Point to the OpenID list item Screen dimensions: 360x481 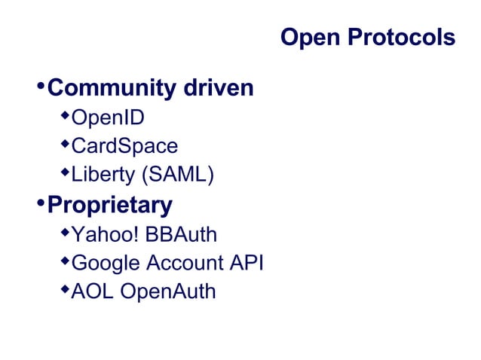pyautogui.click(x=108, y=119)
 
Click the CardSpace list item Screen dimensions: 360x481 pyautogui.click(x=124, y=147)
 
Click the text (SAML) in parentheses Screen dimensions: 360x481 pyautogui.click(x=176, y=175)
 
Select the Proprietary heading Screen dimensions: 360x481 pyautogui.click(x=109, y=205)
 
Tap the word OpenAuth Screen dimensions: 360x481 pyautogui.click(x=168, y=291)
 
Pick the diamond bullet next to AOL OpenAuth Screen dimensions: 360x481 pyautogui.click(x=65, y=288)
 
